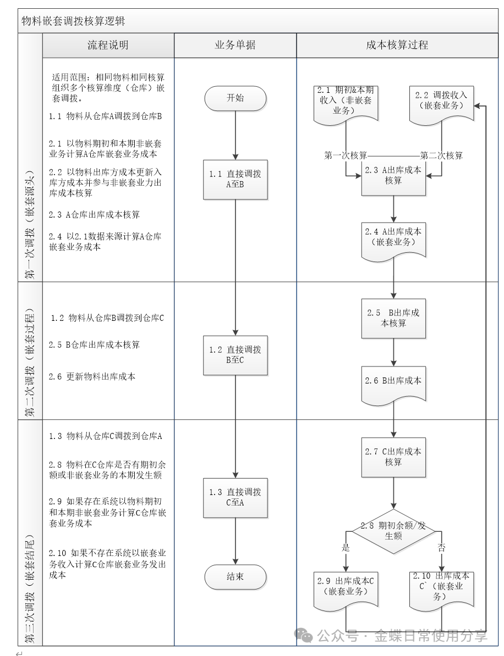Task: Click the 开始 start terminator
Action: (235, 98)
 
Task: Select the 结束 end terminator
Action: (235, 577)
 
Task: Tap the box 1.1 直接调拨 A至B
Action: (235, 179)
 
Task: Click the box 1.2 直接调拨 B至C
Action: (235, 355)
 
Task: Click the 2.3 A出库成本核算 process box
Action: (393, 175)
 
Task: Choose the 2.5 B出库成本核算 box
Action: (393, 318)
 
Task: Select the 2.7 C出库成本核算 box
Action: (393, 457)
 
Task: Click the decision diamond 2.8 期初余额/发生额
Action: (393, 531)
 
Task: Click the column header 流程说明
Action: (108, 45)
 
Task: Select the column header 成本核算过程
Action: (397, 45)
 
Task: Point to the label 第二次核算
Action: (441, 155)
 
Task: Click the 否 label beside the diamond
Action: (441, 547)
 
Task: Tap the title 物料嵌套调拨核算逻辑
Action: (73, 21)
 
